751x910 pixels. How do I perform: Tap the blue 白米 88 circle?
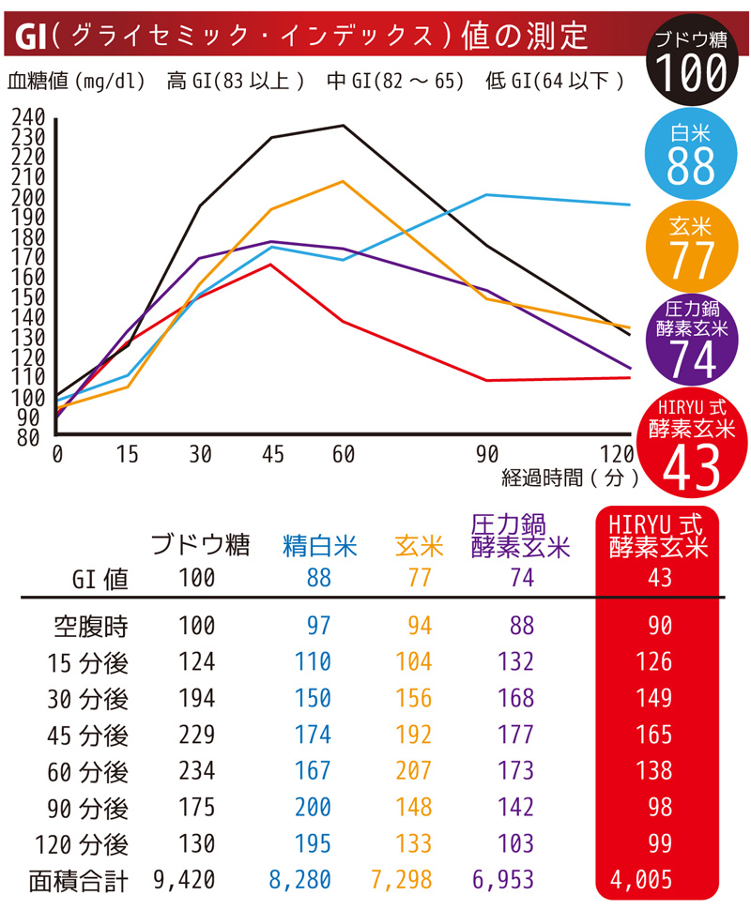(x=691, y=154)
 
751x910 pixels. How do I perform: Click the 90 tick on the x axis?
(x=486, y=454)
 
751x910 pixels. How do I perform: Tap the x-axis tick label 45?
(x=272, y=454)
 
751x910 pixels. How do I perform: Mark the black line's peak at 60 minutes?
(x=344, y=126)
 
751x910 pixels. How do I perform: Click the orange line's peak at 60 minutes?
(x=344, y=181)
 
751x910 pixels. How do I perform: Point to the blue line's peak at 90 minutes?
(x=486, y=195)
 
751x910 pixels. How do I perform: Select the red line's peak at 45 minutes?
(x=271, y=265)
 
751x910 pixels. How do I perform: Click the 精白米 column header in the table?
(x=320, y=546)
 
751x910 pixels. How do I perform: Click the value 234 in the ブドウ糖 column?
(x=197, y=771)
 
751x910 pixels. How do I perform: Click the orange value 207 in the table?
(x=413, y=771)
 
